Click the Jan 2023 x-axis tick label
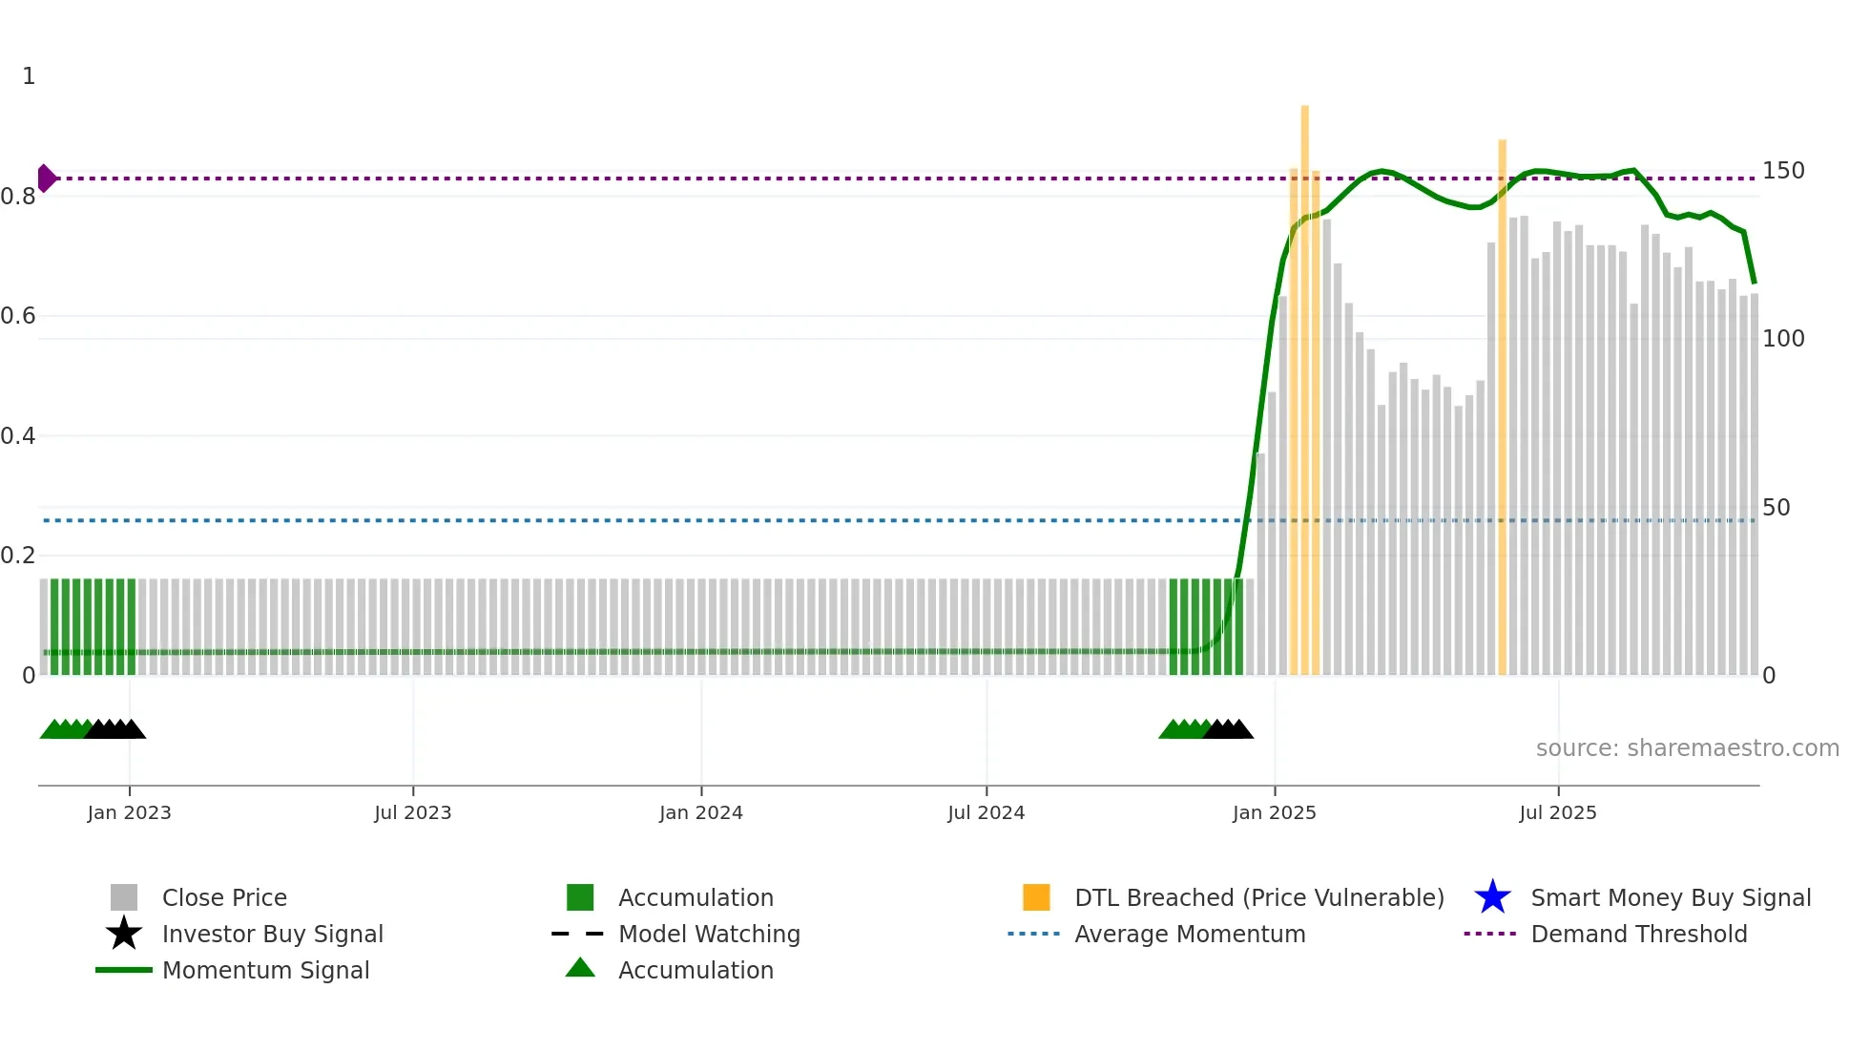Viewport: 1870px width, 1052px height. [129, 812]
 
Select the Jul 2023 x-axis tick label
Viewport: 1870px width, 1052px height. [412, 812]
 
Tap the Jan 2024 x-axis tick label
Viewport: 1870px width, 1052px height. [700, 812]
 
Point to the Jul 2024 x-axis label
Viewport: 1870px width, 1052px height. [986, 812]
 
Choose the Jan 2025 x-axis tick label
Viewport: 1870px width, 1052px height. [1274, 812]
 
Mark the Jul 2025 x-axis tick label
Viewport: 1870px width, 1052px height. [1557, 812]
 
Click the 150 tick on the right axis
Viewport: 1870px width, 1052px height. [1782, 171]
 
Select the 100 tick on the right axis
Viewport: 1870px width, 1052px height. [1782, 339]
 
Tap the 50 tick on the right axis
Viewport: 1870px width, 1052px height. [1776, 508]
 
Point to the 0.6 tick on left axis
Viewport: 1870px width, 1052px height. [18, 316]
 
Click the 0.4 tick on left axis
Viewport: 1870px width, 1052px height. [18, 436]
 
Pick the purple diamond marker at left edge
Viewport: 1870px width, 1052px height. [46, 179]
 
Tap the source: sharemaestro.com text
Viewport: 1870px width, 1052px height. [1687, 748]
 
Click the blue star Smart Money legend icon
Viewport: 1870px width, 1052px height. [1492, 897]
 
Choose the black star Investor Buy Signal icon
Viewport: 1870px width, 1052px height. [124, 934]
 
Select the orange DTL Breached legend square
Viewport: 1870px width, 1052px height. [1036, 897]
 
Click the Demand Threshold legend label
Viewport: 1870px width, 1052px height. [1638, 934]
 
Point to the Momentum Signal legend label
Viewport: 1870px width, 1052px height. [265, 970]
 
